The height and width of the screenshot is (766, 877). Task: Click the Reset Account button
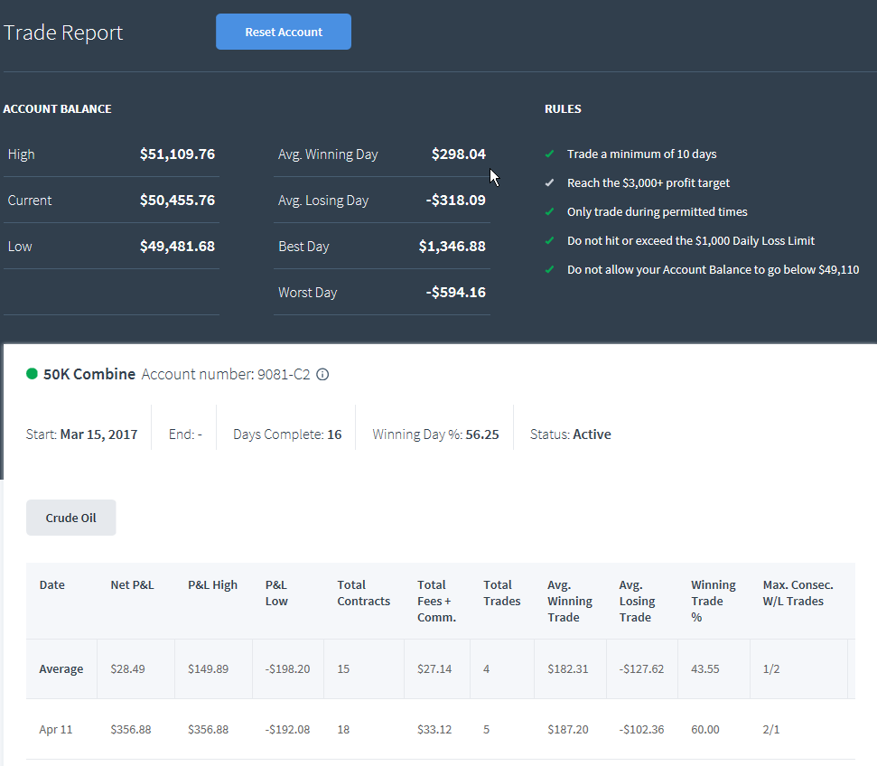point(284,32)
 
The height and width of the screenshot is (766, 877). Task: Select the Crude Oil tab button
point(71,518)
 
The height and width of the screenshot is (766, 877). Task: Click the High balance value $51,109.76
point(177,154)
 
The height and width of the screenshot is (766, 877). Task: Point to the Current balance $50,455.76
point(177,201)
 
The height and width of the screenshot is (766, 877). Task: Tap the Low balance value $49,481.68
point(177,247)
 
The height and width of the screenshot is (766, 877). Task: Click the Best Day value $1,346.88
point(452,247)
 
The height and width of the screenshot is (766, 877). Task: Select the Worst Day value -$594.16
point(455,292)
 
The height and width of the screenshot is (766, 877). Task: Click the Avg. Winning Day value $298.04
point(458,154)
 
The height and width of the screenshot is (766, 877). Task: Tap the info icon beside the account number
point(322,374)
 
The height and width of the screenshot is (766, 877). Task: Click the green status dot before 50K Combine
point(32,374)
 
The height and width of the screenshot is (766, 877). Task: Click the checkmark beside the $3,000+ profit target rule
point(550,183)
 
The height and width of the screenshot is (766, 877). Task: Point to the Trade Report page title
point(63,33)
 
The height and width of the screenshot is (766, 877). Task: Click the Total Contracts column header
point(364,593)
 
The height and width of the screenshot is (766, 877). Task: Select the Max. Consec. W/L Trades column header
point(798,593)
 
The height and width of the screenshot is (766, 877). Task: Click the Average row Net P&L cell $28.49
point(127,669)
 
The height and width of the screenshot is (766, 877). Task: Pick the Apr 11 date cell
point(56,730)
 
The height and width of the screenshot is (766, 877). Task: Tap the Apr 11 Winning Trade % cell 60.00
point(705,730)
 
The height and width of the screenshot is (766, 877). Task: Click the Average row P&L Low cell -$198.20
point(287,669)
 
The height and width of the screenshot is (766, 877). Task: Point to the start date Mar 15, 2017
point(99,434)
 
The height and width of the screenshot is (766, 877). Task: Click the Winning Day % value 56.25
point(482,434)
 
